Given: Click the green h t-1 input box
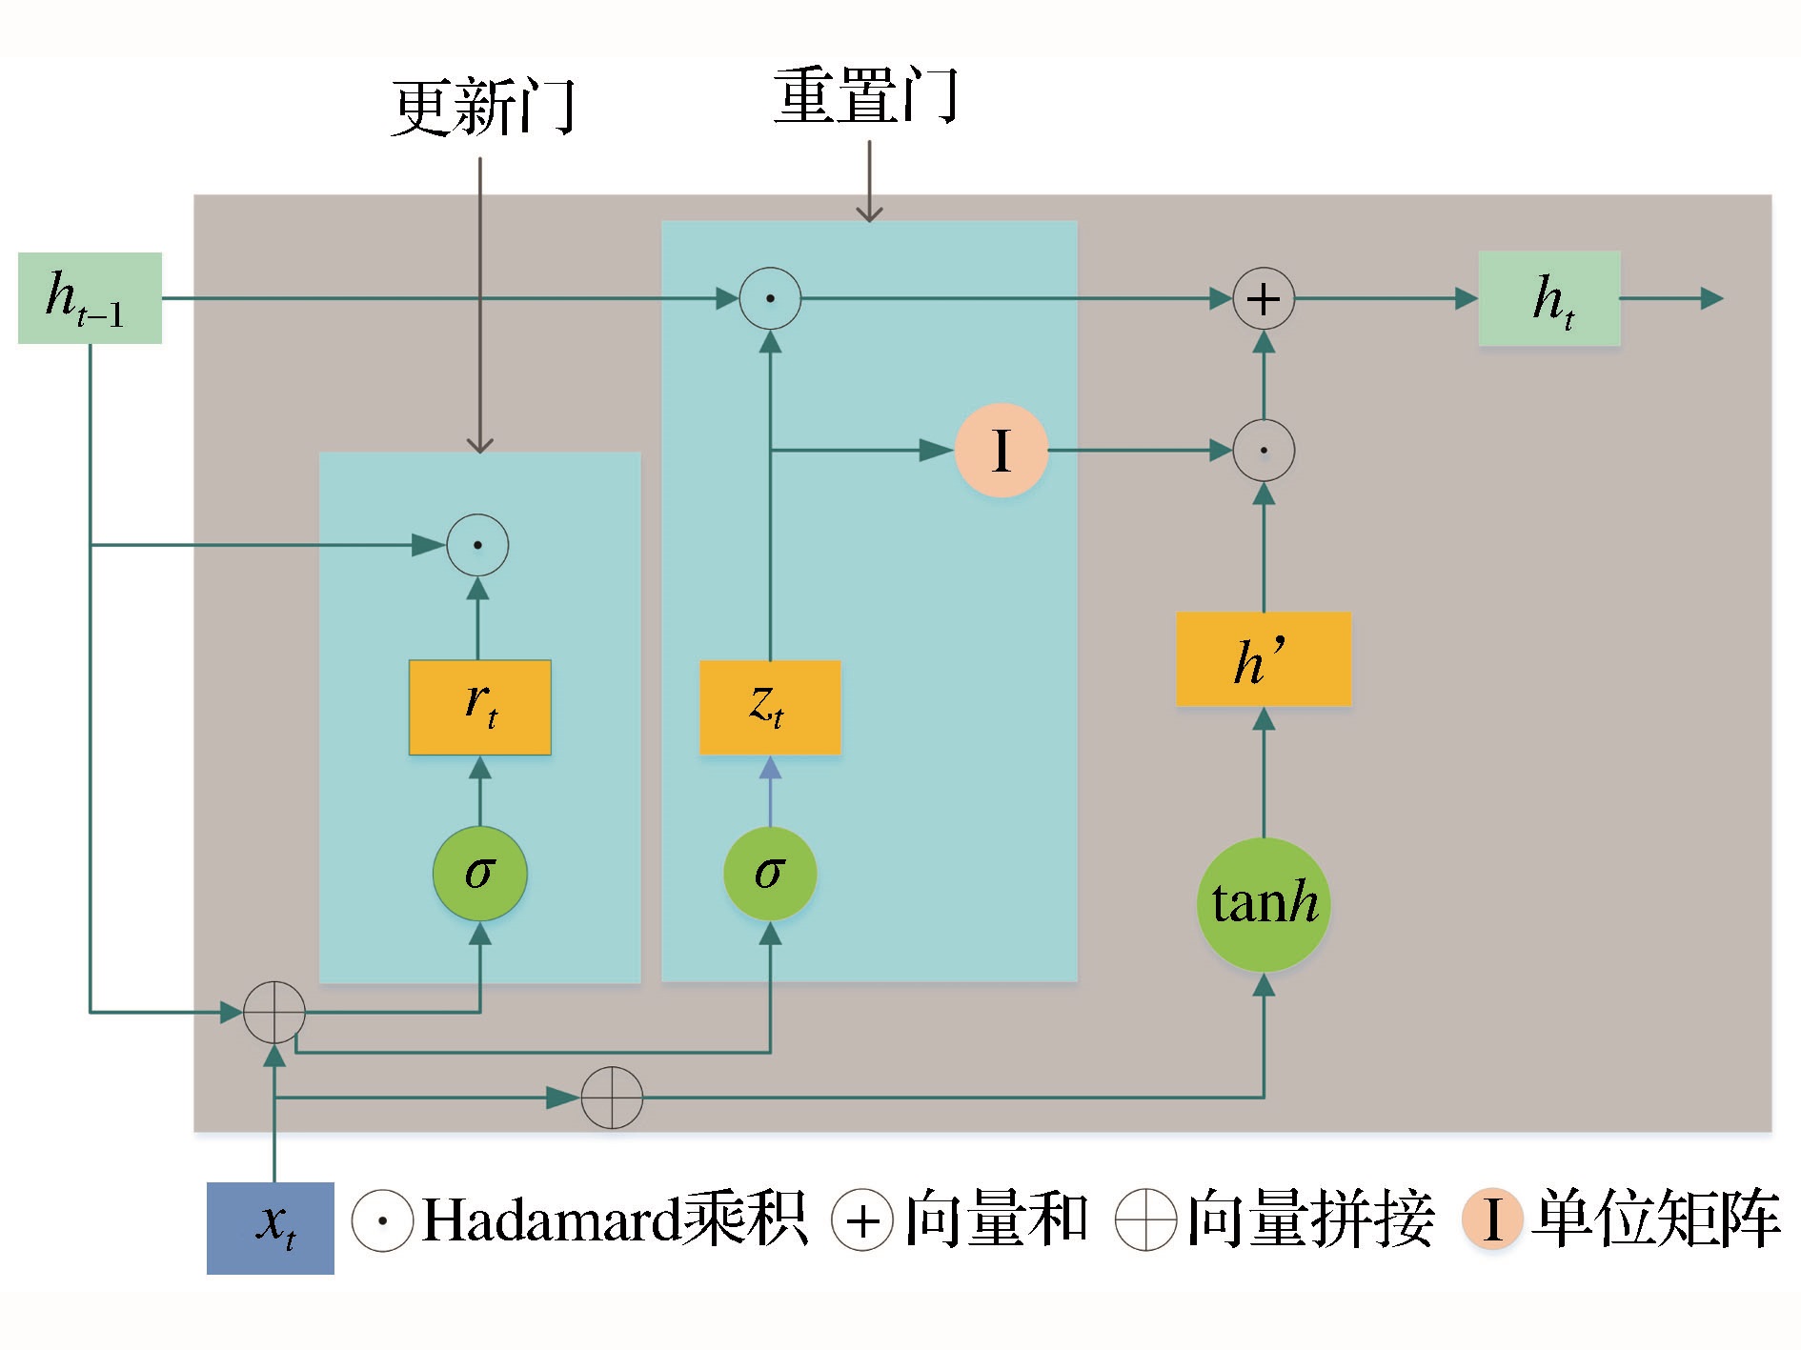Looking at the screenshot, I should click(90, 297).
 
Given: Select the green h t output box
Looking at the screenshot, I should click(1548, 298).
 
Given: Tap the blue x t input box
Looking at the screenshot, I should click(271, 1227).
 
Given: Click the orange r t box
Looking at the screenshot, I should click(479, 707).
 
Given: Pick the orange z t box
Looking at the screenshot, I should click(770, 707).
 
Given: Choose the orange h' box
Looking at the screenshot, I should click(1263, 659).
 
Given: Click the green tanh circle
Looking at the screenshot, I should click(1264, 904).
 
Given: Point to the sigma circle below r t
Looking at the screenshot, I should click(479, 873).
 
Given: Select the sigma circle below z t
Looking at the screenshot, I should click(770, 873).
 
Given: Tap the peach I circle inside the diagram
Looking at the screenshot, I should click(1002, 451).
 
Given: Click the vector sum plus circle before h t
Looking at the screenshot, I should click(1264, 299).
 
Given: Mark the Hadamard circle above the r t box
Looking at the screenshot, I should click(477, 545).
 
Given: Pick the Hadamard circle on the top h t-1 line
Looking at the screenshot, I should click(770, 298).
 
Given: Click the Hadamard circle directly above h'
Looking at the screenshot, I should click(1264, 451).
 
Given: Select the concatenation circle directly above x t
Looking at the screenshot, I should click(274, 1012).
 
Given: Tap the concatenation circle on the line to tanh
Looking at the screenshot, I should click(612, 1098).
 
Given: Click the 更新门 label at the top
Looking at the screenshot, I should click(483, 107).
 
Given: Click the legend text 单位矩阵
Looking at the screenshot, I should click(1656, 1219).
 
